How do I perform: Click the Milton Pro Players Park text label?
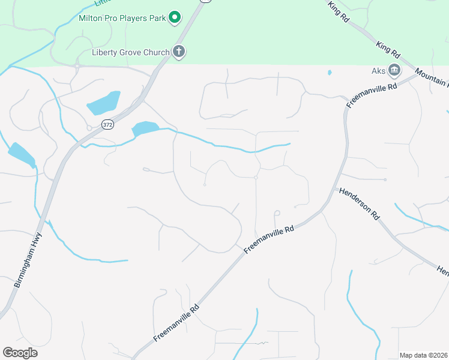pos(122,18)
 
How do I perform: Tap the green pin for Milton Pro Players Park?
pos(175,17)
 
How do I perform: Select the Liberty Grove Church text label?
pos(130,52)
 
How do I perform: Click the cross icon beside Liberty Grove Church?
pos(178,52)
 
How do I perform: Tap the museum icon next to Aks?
pos(394,71)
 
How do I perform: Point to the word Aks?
pos(378,71)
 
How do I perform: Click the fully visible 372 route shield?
pos(107,125)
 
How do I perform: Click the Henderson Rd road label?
pos(359,204)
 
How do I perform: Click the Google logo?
pos(20,353)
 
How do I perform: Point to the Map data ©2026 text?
pos(423,355)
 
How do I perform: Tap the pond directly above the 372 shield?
pos(103,103)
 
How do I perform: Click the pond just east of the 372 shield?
pos(145,128)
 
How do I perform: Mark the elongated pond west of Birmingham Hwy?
pos(21,154)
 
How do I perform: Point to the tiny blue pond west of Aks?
pos(330,73)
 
